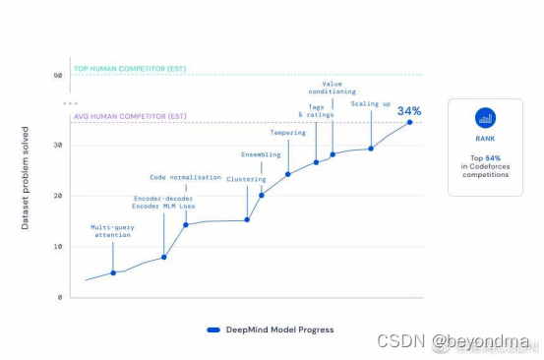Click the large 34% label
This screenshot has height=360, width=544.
click(409, 111)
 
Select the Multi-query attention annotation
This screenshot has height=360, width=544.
click(112, 232)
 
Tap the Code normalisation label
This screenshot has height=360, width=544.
click(185, 177)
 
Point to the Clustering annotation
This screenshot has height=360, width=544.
click(245, 179)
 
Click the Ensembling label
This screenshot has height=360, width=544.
click(261, 154)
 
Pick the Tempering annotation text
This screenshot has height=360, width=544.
click(288, 132)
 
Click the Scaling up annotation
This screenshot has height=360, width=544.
click(371, 102)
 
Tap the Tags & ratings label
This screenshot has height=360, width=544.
click(316, 111)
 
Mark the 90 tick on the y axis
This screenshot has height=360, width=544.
click(58, 76)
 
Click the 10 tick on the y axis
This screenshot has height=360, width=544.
click(58, 246)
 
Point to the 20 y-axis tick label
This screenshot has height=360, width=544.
click(58, 196)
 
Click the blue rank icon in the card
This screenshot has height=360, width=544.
click(485, 119)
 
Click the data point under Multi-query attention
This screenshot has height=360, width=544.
click(113, 272)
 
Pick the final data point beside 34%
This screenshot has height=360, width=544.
click(409, 123)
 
